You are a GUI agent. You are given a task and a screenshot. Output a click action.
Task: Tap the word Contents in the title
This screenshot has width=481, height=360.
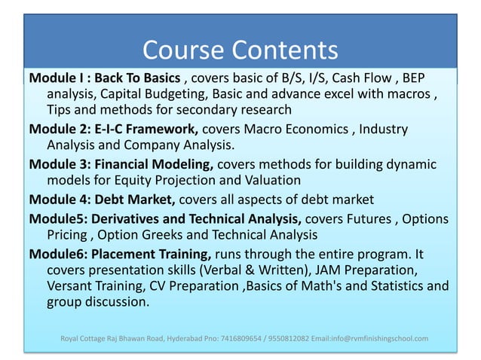283,50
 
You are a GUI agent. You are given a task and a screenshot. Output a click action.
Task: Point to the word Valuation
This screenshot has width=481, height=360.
268,181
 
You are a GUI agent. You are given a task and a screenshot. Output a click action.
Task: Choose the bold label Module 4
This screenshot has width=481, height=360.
59,200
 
